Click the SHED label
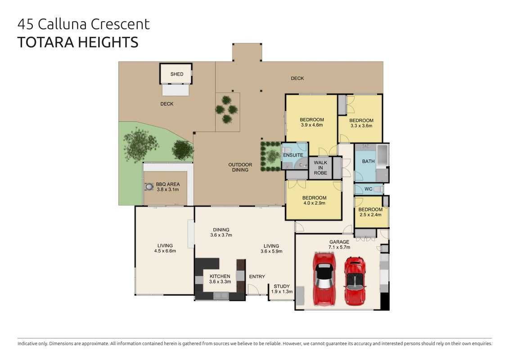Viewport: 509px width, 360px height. coord(176,74)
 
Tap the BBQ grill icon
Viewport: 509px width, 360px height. coord(149,187)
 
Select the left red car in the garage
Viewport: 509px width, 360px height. coord(324,279)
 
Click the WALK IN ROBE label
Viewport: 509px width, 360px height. coord(320,167)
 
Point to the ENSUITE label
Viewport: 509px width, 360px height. coord(293,155)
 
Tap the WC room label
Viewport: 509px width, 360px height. coord(369,189)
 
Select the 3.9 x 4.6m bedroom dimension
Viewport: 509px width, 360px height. coord(311,125)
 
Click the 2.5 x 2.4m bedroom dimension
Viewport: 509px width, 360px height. coord(370,215)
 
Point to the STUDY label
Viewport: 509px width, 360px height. coord(281,286)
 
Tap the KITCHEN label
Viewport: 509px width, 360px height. coord(220,276)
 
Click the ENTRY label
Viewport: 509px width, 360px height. coord(257,277)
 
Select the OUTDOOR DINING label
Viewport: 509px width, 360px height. coord(240,167)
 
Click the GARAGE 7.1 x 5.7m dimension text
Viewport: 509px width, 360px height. coord(339,247)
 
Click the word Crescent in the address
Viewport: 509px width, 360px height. coord(120,24)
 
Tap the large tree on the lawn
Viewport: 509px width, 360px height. coord(141,145)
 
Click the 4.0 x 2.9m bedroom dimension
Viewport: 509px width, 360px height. coord(314,203)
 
